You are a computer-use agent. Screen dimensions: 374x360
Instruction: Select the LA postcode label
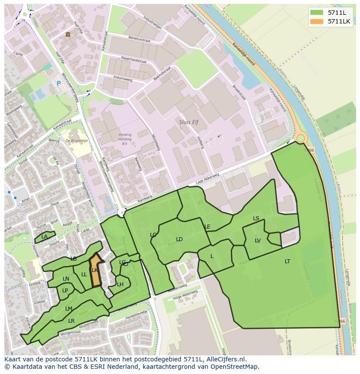(44, 237)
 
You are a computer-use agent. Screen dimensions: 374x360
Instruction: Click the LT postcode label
(287, 261)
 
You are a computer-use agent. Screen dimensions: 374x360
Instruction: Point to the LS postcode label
(256, 218)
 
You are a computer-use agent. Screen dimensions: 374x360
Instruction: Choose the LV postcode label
(258, 240)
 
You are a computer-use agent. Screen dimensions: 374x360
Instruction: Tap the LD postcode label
(179, 239)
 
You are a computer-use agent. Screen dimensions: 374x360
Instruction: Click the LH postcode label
(120, 284)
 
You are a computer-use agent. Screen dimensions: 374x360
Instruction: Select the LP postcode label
(65, 290)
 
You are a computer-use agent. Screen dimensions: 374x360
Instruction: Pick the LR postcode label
(71, 321)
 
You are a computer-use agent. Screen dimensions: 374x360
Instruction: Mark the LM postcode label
(69, 308)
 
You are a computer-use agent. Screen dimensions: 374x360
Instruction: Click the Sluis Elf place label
(189, 122)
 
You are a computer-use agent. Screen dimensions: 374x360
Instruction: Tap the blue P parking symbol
(59, 83)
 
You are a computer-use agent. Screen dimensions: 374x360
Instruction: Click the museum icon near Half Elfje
(67, 34)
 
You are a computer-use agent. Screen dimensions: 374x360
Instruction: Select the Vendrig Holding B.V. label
(125, 139)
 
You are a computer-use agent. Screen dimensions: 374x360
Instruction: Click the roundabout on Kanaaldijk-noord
(300, 139)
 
